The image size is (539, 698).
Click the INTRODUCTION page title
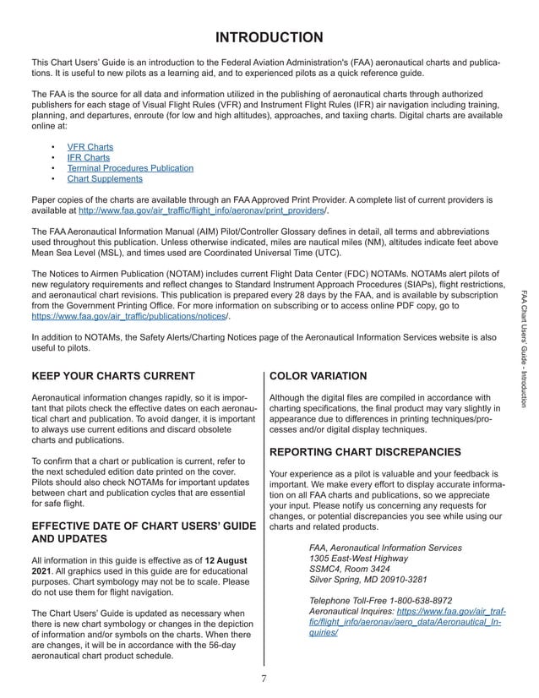(268, 37)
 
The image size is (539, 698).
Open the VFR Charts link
(90, 147)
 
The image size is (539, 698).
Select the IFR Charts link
(88, 158)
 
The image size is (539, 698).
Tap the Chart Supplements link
(105, 179)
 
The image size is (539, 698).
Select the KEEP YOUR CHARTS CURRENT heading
(113, 376)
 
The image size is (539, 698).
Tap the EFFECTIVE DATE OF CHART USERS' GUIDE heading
(143, 527)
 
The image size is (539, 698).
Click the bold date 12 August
(226, 559)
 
